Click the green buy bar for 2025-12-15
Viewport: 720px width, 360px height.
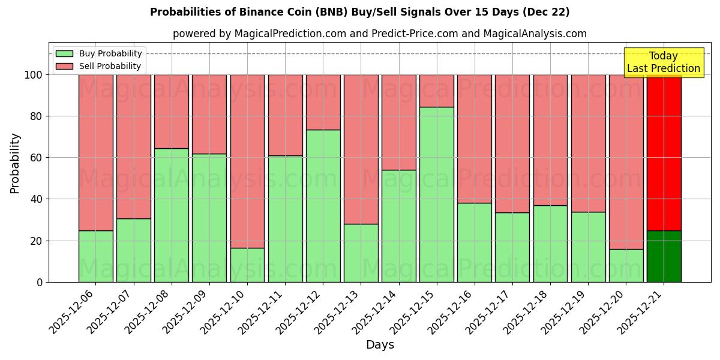[436, 194]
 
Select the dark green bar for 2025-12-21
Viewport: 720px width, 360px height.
[664, 256]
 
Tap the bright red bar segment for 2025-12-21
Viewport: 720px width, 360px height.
[664, 152]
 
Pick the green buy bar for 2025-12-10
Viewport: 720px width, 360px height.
[247, 265]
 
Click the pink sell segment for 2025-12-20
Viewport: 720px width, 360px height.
[626, 161]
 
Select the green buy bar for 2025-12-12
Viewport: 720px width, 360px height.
[323, 206]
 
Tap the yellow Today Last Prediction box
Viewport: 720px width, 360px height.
[663, 62]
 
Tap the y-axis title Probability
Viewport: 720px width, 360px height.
[16, 163]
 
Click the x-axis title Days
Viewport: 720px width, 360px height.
[380, 345]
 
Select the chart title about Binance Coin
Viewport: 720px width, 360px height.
[359, 12]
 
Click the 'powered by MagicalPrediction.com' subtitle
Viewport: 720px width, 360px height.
[379, 34]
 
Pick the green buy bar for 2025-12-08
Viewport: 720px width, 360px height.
[172, 215]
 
